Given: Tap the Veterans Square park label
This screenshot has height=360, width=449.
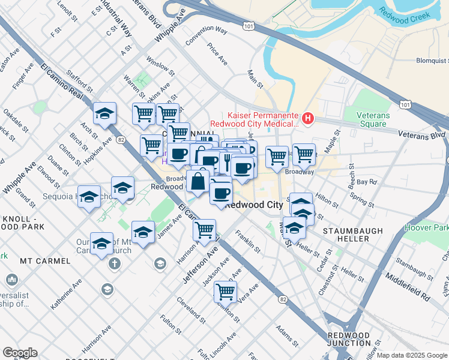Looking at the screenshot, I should click(373, 119).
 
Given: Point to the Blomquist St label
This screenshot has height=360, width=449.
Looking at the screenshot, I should click(432, 61).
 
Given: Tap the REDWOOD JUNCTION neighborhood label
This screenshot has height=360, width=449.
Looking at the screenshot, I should click(349, 339).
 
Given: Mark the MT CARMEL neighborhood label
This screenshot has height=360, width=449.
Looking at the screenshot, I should click(43, 261).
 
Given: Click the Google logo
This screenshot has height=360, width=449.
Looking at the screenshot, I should click(20, 353).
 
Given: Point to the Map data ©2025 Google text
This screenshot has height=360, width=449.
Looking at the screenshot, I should click(412, 355).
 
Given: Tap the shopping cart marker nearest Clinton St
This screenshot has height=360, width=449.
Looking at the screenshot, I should click(225, 292).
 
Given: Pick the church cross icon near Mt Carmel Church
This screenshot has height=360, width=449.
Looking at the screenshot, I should click(114, 263).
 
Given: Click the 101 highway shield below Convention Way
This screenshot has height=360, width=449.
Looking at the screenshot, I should click(249, 26).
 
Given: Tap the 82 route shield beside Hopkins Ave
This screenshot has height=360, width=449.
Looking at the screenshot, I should click(121, 139).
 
